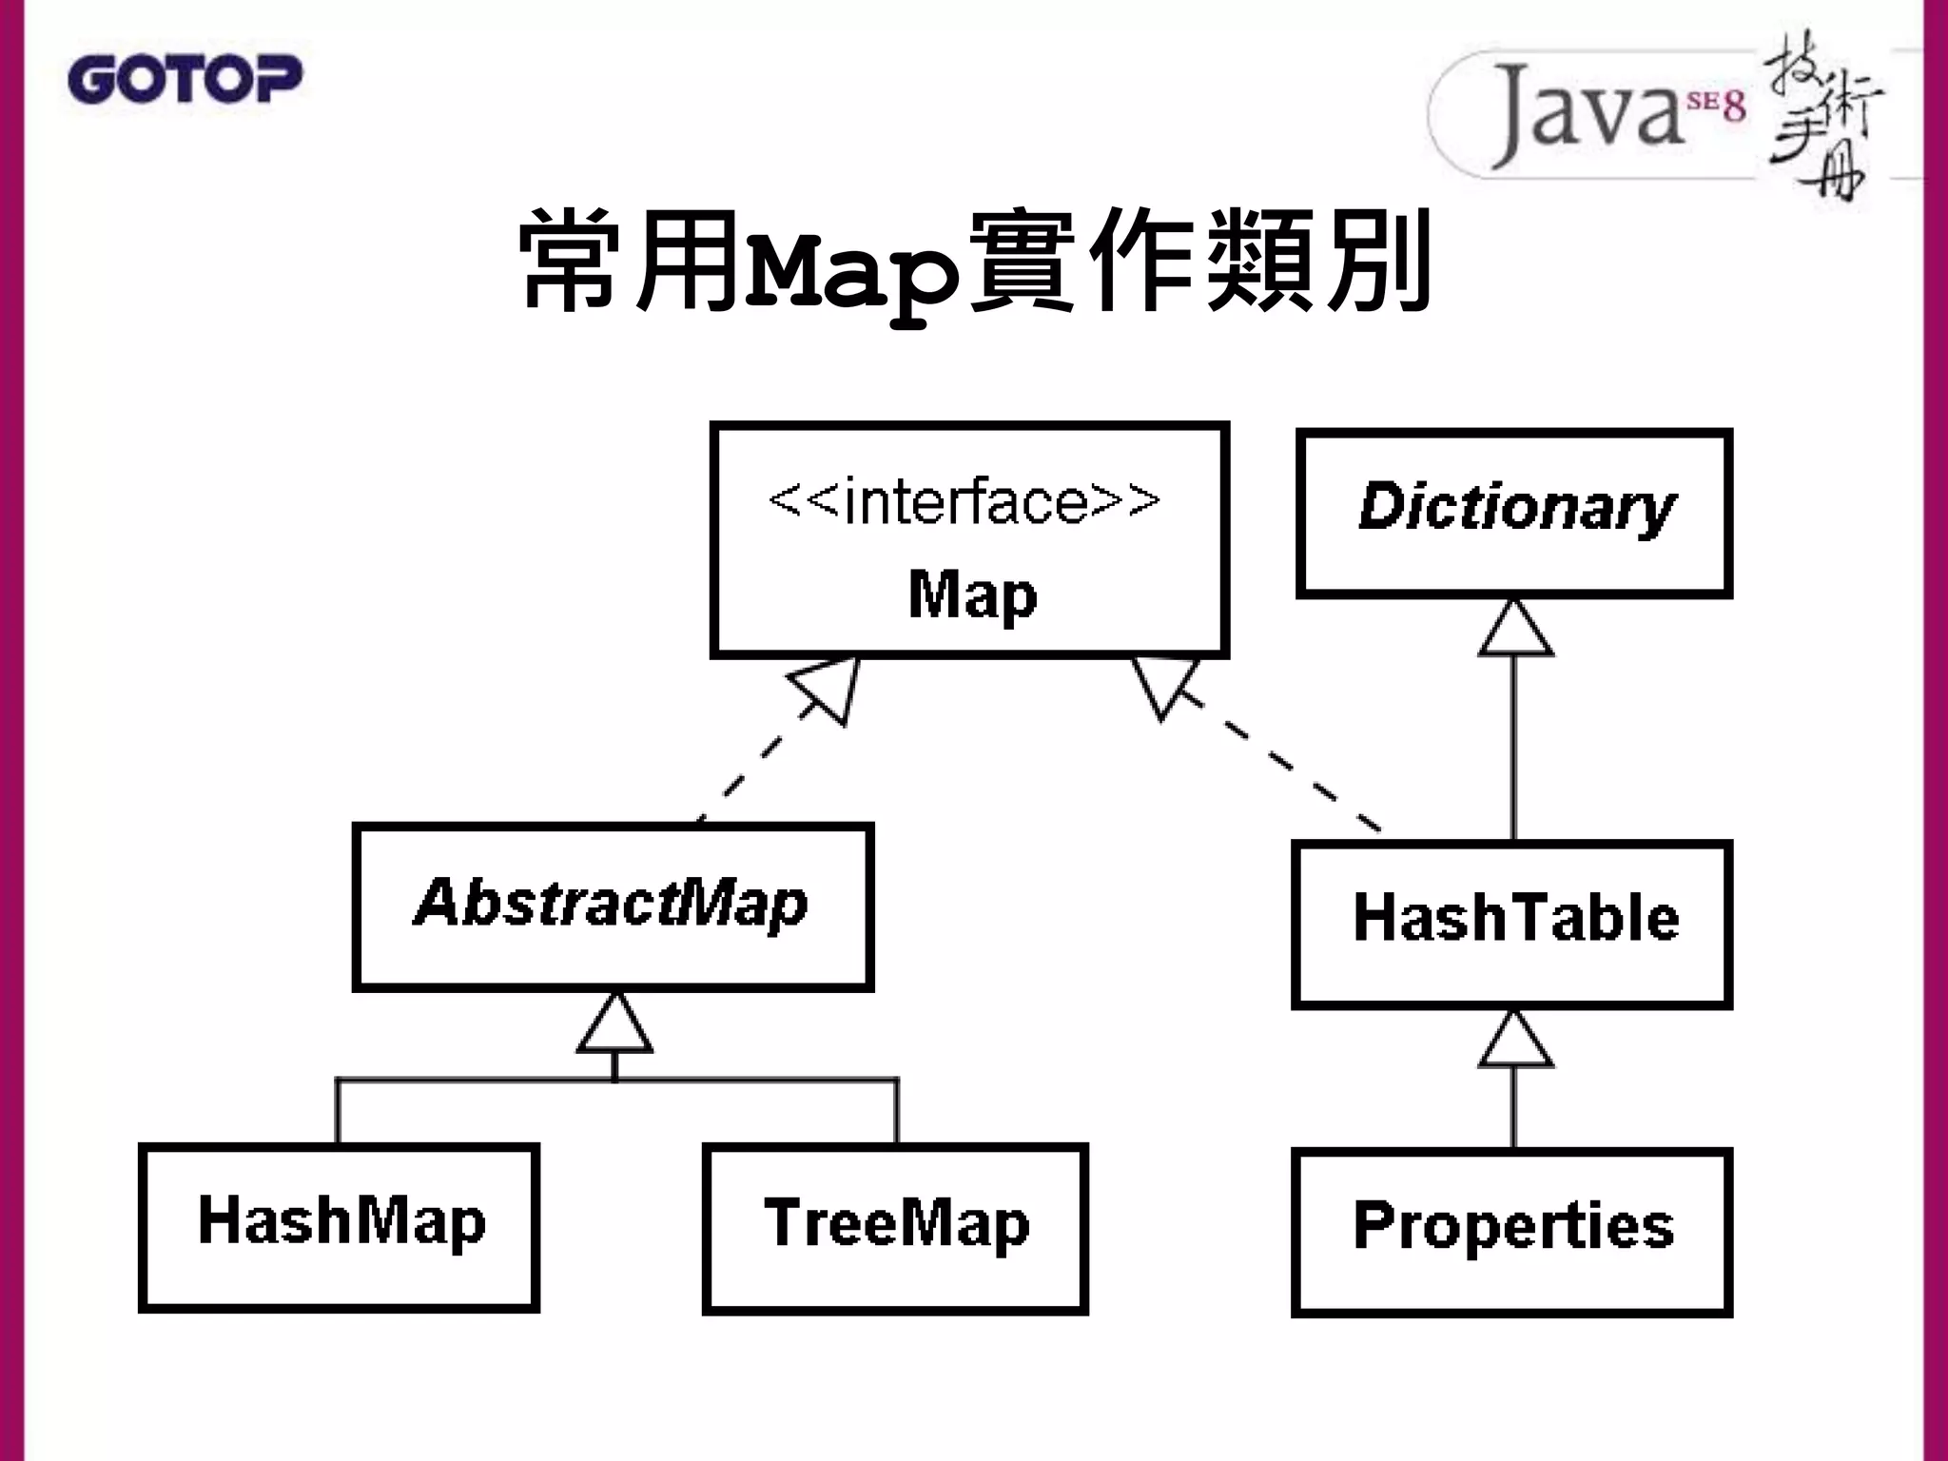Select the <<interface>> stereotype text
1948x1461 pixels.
tap(964, 501)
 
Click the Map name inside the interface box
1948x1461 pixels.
tap(972, 595)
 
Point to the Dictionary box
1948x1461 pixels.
tap(1514, 513)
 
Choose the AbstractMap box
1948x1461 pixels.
tap(613, 907)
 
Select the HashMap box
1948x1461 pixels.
tap(340, 1227)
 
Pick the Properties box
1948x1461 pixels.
tap(1511, 1232)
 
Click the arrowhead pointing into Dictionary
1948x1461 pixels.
tap(1515, 630)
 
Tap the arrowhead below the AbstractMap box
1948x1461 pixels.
tap(614, 1024)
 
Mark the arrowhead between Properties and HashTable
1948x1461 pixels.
tap(1515, 1042)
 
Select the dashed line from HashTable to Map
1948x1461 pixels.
tap(1275, 761)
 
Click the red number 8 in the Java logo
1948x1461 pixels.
tap(1734, 107)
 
